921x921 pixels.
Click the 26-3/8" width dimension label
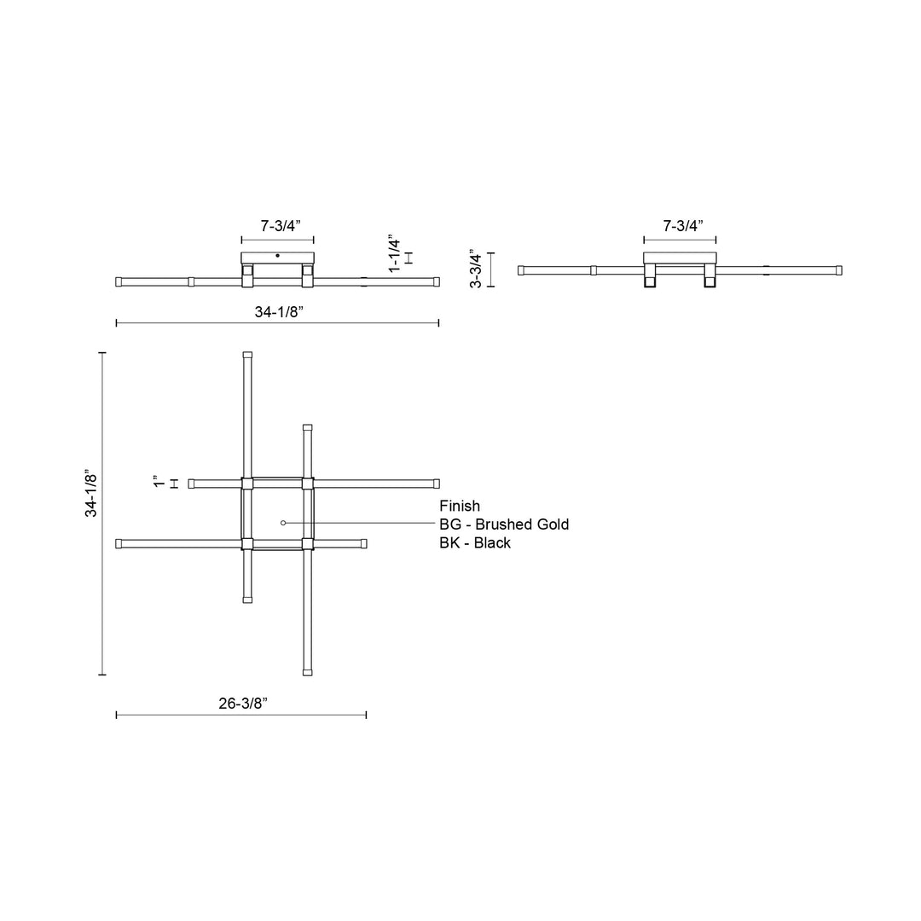(x=243, y=704)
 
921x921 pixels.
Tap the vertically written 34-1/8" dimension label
(x=90, y=492)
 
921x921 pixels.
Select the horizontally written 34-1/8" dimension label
(x=279, y=312)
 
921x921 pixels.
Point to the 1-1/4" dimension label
(x=394, y=254)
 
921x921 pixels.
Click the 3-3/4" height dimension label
(x=477, y=269)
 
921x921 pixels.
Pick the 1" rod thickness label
(x=157, y=483)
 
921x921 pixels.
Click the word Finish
(x=460, y=506)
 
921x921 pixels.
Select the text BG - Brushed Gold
(x=504, y=524)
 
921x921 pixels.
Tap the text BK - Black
(x=475, y=542)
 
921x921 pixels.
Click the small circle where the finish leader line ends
(x=283, y=522)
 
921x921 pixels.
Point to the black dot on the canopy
(x=277, y=255)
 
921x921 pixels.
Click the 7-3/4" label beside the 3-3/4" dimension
(x=682, y=226)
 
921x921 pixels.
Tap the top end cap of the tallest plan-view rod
(x=247, y=355)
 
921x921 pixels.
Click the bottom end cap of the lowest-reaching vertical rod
(x=307, y=673)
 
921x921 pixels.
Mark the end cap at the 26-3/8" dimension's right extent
(x=363, y=543)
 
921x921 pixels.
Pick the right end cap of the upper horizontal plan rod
(x=436, y=484)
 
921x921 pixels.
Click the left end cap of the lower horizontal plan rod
(x=119, y=543)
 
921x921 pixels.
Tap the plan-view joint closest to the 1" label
(x=247, y=484)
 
